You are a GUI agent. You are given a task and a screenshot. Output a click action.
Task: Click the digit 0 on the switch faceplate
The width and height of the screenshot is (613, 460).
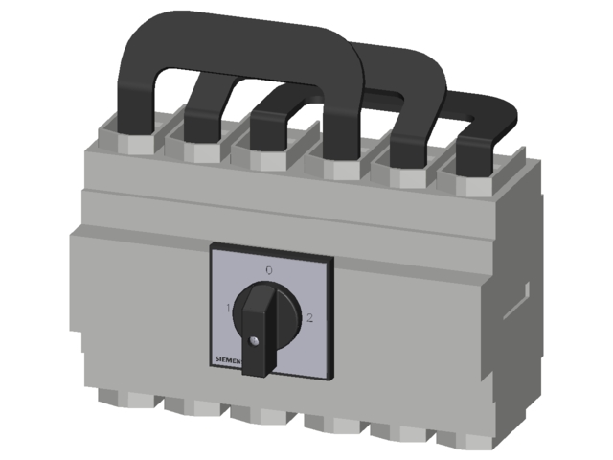click(x=268, y=271)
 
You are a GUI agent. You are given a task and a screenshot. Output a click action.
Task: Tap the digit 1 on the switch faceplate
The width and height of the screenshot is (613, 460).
click(x=227, y=308)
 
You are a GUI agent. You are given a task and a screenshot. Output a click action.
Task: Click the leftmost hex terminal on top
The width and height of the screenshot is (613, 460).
click(x=129, y=144)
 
